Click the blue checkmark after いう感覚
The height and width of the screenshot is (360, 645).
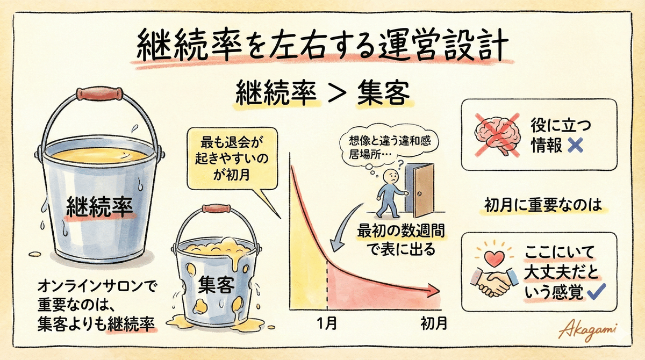597,293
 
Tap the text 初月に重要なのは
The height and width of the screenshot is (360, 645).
540,205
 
